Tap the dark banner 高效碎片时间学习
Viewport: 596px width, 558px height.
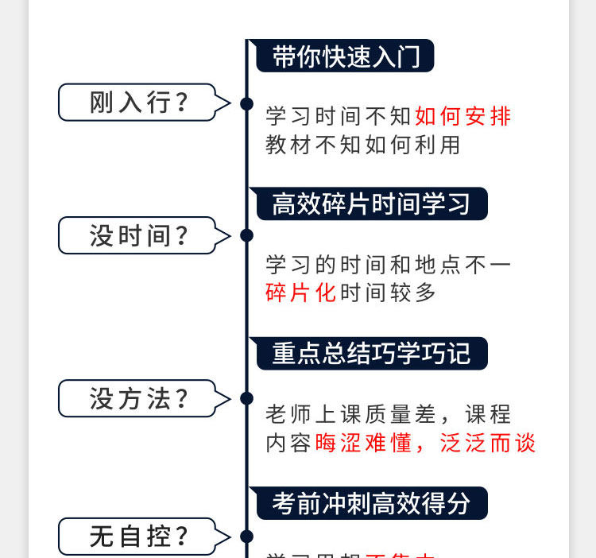pyautogui.click(x=370, y=204)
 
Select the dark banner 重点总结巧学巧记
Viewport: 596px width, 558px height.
pyautogui.click(x=370, y=353)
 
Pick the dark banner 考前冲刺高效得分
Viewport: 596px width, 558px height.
pyautogui.click(x=370, y=502)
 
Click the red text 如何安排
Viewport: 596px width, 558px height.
pyautogui.click(x=462, y=117)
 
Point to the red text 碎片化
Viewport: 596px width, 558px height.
pyautogui.click(x=301, y=293)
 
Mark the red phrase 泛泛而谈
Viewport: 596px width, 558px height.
pyautogui.click(x=488, y=443)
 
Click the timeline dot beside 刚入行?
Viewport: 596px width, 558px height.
pyautogui.click(x=246, y=103)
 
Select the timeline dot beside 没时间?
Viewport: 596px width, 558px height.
pyautogui.click(x=246, y=235)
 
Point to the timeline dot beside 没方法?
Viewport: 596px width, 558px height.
pyautogui.click(x=246, y=398)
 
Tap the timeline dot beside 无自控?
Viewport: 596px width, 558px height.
pyautogui.click(x=246, y=537)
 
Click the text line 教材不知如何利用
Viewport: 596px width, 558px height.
pyautogui.click(x=363, y=145)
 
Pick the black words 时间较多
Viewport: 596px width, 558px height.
pyautogui.click(x=389, y=293)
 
